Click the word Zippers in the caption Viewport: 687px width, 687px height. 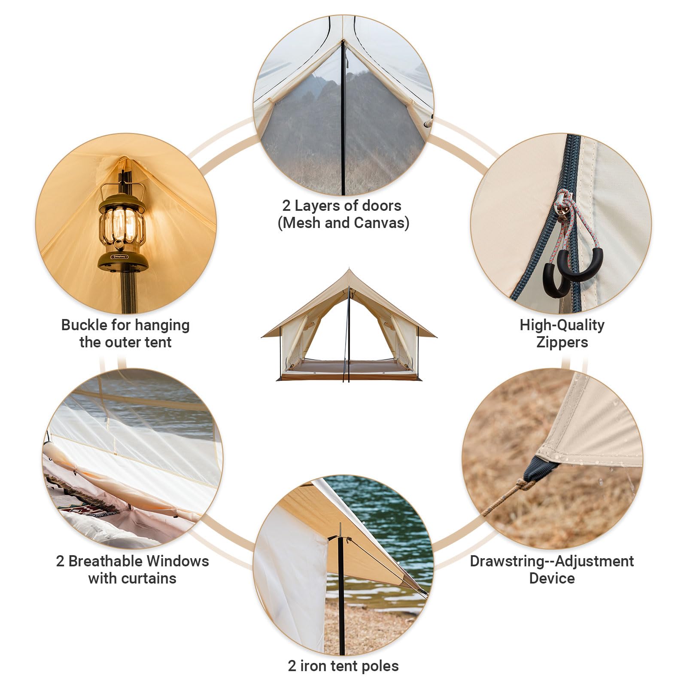[x=562, y=342]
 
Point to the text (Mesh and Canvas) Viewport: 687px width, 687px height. [x=343, y=223]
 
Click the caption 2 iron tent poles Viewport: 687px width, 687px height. [x=343, y=666]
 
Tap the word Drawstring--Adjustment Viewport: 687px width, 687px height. [x=552, y=561]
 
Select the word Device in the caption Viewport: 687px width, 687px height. [x=552, y=578]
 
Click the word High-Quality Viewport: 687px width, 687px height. [x=562, y=325]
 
